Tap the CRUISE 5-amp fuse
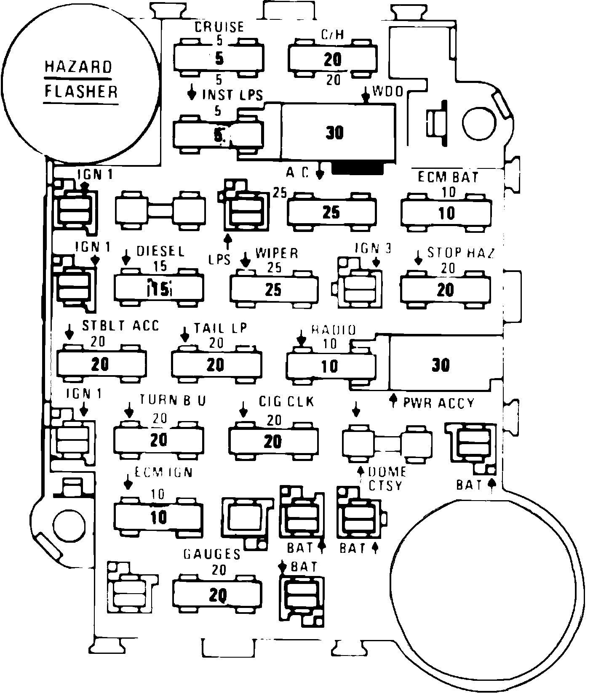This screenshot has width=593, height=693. click(x=219, y=58)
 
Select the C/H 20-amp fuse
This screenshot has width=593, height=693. click(x=332, y=59)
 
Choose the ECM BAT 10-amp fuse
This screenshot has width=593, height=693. click(x=446, y=213)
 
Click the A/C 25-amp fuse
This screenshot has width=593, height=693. click(x=331, y=212)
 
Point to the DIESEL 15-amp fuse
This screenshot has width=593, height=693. click(x=159, y=289)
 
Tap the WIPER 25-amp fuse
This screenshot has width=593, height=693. click(x=273, y=290)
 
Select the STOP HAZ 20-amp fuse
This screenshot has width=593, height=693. click(x=446, y=290)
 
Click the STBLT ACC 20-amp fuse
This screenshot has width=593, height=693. click(x=101, y=364)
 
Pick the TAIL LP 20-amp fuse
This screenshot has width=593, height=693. click(x=216, y=364)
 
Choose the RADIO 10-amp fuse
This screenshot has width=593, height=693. click(x=331, y=366)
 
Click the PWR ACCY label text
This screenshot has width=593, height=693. click(x=438, y=403)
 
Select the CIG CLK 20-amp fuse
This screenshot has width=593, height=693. click(x=273, y=442)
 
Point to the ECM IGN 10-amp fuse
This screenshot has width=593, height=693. click(x=159, y=517)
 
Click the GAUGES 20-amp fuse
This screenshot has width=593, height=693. click(x=216, y=595)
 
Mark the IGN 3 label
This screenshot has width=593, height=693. click(x=372, y=248)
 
